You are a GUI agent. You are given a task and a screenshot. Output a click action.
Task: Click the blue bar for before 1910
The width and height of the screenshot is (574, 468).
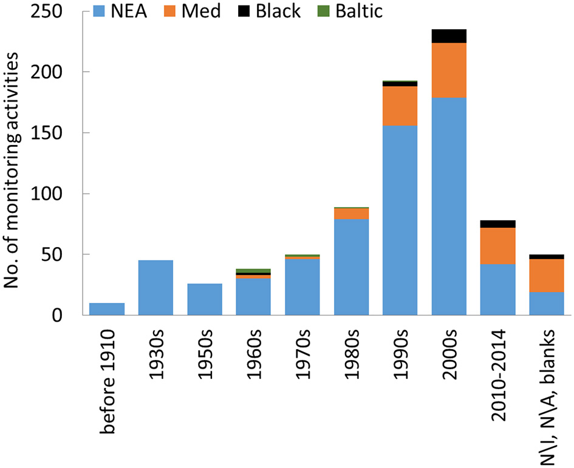pyautogui.click(x=107, y=309)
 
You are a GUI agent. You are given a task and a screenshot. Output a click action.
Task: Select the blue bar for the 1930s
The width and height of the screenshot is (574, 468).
pyautogui.click(x=155, y=288)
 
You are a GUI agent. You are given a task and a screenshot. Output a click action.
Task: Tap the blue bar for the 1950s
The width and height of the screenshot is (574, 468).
pyautogui.click(x=205, y=299)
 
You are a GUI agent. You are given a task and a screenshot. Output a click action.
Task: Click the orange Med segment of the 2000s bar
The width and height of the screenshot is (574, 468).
pyautogui.click(x=448, y=70)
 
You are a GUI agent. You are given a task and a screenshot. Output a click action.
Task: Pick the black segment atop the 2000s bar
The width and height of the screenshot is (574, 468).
pyautogui.click(x=448, y=36)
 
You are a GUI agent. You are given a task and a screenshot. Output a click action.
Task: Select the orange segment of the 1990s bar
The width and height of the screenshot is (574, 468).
pyautogui.click(x=400, y=106)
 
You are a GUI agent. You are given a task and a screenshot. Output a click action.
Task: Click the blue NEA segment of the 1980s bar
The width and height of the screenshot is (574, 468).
pyautogui.click(x=351, y=267)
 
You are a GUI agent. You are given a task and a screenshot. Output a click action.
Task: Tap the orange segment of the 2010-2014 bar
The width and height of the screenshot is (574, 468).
pyautogui.click(x=497, y=246)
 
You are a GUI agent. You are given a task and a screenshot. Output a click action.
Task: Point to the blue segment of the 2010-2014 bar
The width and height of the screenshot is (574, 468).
pyautogui.click(x=497, y=290)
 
